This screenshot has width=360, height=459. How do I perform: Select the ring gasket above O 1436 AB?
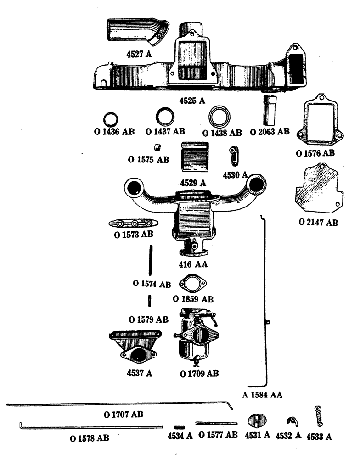coord(111,119)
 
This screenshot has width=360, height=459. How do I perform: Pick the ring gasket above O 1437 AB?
coord(165,117)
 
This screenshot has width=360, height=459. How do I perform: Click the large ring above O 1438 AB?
coord(219,117)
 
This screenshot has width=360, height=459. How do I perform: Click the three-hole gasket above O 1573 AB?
coord(134,224)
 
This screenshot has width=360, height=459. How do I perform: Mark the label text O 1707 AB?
coord(124,414)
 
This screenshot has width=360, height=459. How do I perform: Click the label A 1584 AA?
coord(262,394)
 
